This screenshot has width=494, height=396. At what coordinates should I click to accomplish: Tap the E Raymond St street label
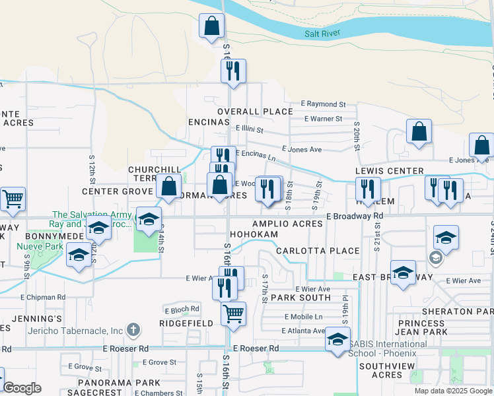324,104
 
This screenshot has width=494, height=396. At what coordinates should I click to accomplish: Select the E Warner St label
323,119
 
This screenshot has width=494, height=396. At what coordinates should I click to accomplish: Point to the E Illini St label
250,130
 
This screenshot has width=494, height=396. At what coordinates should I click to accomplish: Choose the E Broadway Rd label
355,216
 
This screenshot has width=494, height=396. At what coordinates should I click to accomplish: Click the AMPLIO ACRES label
287,224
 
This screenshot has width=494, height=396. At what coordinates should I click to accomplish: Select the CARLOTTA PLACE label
318,251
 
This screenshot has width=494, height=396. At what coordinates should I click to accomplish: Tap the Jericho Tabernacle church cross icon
133,329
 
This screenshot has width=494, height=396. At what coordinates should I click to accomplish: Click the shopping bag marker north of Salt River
212,26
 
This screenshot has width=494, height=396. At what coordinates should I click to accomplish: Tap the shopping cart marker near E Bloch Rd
233,314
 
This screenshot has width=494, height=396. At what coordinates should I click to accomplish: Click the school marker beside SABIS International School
337,339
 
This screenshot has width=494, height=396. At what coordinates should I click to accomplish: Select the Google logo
22,388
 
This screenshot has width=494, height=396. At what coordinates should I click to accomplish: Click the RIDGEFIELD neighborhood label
186,323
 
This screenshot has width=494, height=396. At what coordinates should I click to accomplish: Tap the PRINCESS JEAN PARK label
417,329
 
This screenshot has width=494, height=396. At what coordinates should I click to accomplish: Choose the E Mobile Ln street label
303,317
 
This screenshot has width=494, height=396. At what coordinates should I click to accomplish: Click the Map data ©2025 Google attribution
453,391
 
